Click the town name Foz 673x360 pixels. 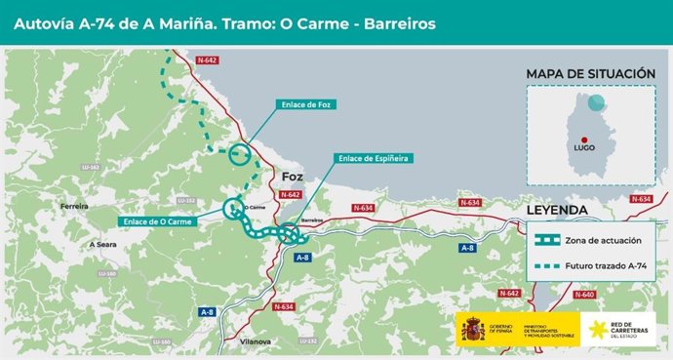tap(293, 177)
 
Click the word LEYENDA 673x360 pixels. tap(557, 210)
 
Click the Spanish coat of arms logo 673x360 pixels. tap(473, 330)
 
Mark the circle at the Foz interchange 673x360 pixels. tap(241, 153)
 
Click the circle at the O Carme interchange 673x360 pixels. tap(233, 207)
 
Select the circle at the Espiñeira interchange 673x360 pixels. tap(289, 234)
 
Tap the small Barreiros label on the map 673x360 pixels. tap(312, 220)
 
